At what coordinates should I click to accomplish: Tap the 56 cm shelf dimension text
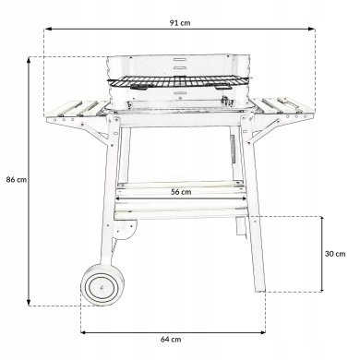pyautogui.click(x=180, y=192)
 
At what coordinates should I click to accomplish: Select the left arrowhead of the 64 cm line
pyautogui.click(x=84, y=330)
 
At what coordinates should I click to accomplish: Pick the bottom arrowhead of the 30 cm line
pyautogui.click(x=322, y=301)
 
